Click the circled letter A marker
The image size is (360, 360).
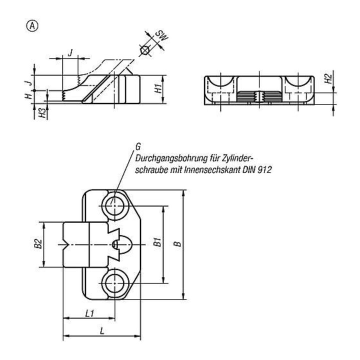pyautogui.click(x=32, y=26)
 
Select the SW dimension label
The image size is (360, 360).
pyautogui.click(x=162, y=35)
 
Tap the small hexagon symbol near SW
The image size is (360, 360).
pyautogui.click(x=144, y=50)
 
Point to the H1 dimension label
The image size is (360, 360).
pyautogui.click(x=158, y=88)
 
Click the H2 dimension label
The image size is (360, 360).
pyautogui.click(x=329, y=79)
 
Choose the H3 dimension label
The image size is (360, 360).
pyautogui.click(x=42, y=112)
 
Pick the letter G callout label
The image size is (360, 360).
pyautogui.click(x=138, y=146)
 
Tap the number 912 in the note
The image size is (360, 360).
pyautogui.click(x=264, y=169)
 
